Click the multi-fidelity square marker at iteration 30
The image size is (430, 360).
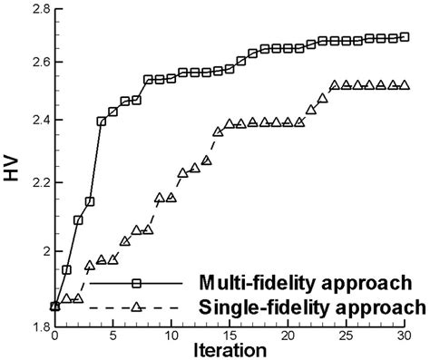click(405, 37)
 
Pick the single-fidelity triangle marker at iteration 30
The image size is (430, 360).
click(405, 86)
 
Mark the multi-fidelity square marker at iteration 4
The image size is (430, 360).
click(101, 121)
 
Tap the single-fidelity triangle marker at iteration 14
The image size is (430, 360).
click(218, 131)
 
